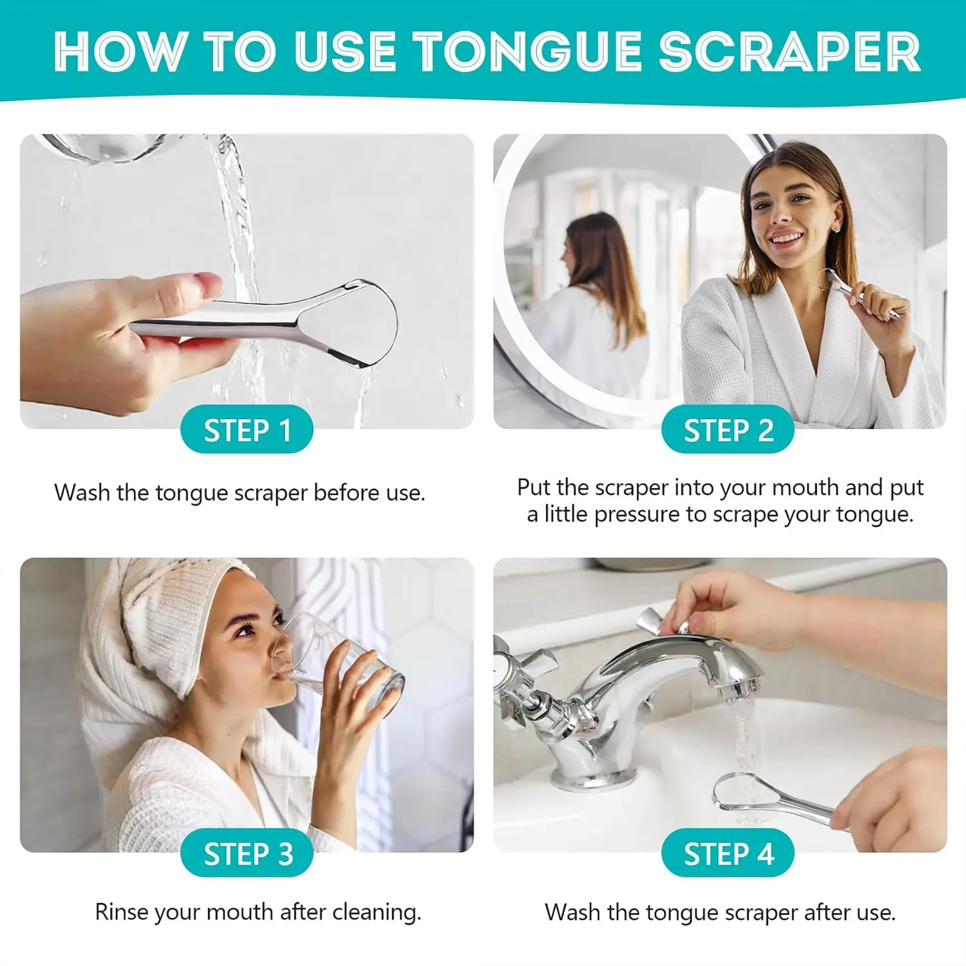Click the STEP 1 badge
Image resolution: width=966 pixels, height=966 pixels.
click(247, 430)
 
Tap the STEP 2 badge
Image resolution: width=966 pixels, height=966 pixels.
click(728, 430)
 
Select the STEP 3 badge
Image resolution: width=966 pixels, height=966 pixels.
click(247, 854)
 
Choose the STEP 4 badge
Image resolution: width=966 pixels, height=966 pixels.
click(728, 854)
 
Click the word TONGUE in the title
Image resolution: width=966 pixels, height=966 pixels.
click(527, 52)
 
